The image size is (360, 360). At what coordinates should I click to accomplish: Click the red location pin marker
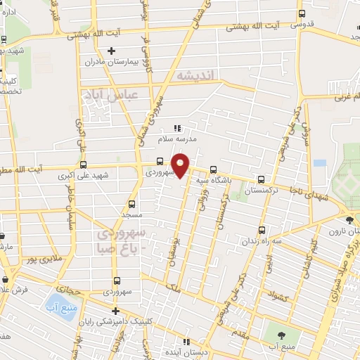coord(181,165)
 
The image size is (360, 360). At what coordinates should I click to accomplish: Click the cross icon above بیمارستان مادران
coord(111,51)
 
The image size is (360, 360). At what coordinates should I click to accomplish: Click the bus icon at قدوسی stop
coord(302,14)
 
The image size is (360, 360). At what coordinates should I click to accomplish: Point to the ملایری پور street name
coord(41,262)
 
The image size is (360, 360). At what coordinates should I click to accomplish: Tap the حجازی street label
coord(70,289)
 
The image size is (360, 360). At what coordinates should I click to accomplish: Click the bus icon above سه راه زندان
coord(262,230)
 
